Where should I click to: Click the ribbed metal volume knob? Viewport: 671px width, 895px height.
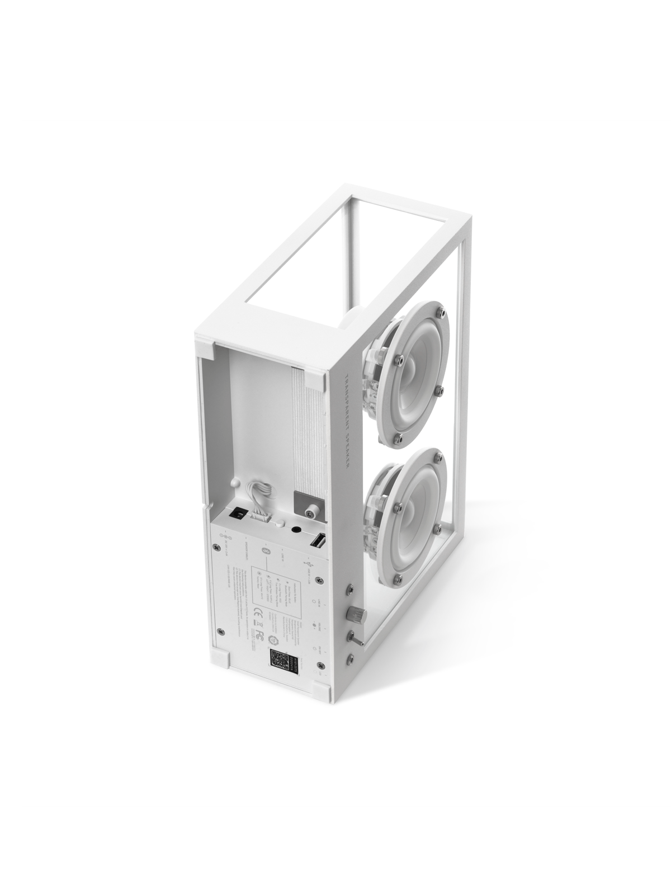[357, 614]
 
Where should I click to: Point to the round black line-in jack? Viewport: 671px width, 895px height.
[296, 529]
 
